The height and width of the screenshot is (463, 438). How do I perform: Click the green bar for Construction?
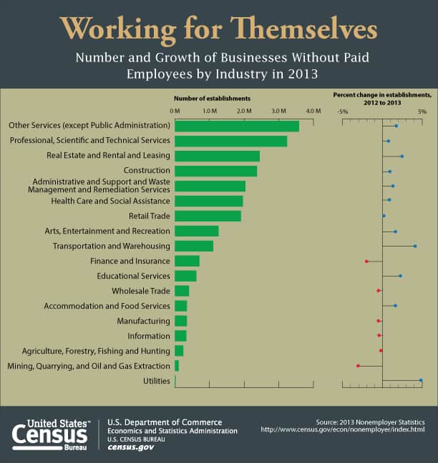tap(215, 171)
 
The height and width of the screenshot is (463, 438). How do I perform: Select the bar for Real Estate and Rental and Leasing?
tap(217, 156)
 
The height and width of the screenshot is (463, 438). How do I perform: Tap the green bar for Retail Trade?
tap(208, 216)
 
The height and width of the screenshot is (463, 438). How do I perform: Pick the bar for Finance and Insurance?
tap(187, 261)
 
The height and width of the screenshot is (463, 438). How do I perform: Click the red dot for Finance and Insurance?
tap(366, 261)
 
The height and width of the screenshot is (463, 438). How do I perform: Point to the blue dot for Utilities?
tap(421, 381)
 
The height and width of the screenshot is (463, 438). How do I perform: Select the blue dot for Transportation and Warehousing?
tap(415, 246)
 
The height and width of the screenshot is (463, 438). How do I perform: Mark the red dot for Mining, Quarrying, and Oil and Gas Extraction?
tap(358, 366)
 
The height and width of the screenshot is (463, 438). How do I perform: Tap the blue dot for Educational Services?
tap(400, 276)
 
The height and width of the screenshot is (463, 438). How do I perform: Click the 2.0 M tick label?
tap(244, 111)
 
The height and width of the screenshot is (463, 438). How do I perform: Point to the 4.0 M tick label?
tap(313, 111)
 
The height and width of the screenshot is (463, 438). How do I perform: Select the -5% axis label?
tap(343, 111)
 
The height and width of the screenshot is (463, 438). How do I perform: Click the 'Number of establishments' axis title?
tap(213, 97)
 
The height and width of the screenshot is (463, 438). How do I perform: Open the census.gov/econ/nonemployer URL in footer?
tap(343, 429)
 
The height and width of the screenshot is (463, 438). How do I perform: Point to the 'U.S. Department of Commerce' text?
tap(165, 422)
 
